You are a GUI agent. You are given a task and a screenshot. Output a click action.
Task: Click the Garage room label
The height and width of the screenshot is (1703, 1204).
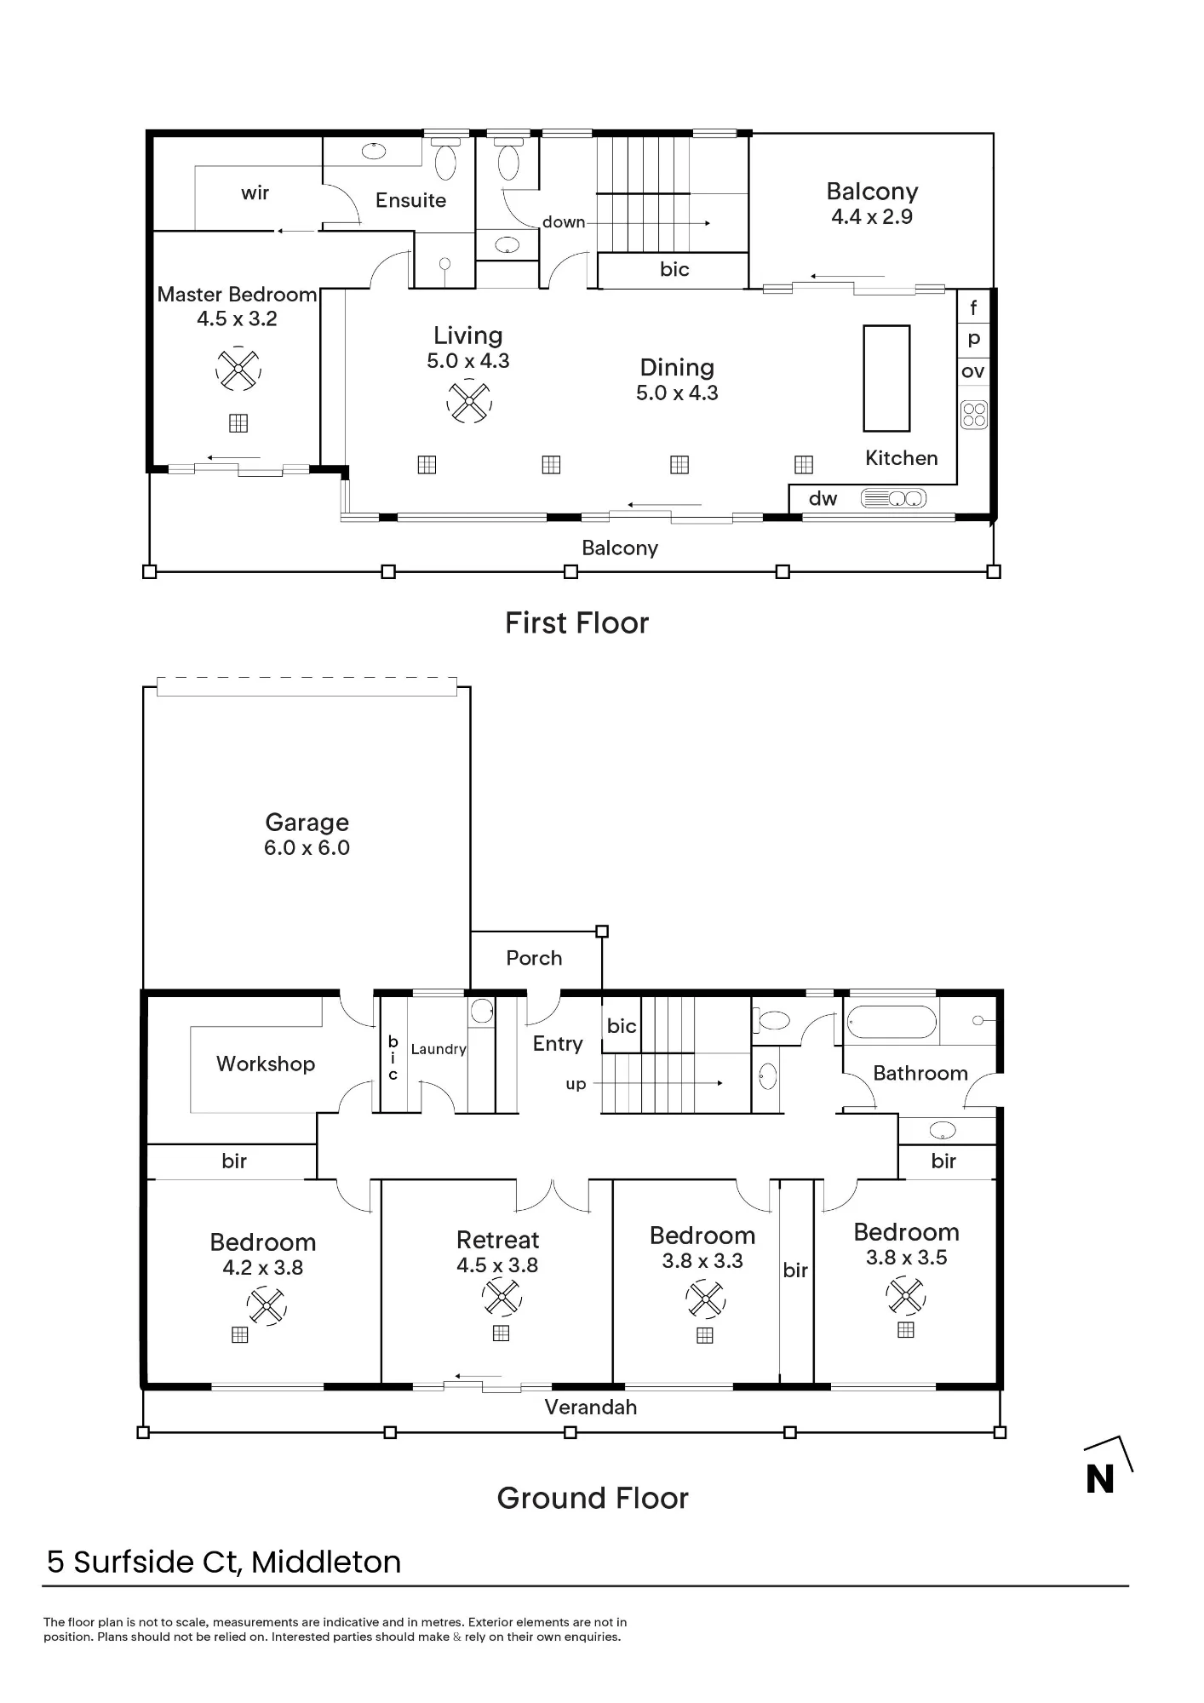point(307,823)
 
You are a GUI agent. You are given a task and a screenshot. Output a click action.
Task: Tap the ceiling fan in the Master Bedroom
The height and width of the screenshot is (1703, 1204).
point(238,369)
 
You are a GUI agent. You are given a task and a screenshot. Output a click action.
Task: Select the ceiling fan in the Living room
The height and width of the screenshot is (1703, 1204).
point(468,401)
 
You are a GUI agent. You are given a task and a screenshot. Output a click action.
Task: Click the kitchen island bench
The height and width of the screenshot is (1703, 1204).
point(886,378)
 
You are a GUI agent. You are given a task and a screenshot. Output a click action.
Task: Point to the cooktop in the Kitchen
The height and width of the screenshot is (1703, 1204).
point(974,415)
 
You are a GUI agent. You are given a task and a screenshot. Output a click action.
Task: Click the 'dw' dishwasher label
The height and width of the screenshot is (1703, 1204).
point(823,499)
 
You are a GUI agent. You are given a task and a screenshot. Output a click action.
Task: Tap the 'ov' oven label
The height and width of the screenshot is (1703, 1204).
point(973,371)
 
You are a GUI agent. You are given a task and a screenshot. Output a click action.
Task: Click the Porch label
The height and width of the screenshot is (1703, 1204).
point(534,958)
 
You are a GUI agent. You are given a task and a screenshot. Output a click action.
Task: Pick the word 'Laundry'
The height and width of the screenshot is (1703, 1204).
point(439,1050)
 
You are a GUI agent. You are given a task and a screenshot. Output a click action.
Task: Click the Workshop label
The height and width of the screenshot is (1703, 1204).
point(266,1064)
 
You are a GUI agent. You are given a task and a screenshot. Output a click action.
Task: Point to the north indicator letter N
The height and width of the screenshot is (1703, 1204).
point(1100,1479)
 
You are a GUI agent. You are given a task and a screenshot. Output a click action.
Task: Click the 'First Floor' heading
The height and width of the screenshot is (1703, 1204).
point(576,623)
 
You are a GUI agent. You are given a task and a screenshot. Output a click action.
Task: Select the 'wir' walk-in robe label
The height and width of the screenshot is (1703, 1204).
point(255,192)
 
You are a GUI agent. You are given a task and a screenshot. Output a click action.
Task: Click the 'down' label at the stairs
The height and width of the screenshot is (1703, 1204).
point(564,222)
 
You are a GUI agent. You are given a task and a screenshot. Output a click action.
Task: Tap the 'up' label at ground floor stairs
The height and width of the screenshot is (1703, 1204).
point(576,1085)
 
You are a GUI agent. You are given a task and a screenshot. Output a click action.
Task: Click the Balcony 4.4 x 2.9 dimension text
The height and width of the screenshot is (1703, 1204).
point(872,217)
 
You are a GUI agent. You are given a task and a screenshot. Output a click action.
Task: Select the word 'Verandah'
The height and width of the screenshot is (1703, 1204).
point(591,1408)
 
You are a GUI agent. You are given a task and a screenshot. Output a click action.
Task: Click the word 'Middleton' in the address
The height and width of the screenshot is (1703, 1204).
point(326,1563)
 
